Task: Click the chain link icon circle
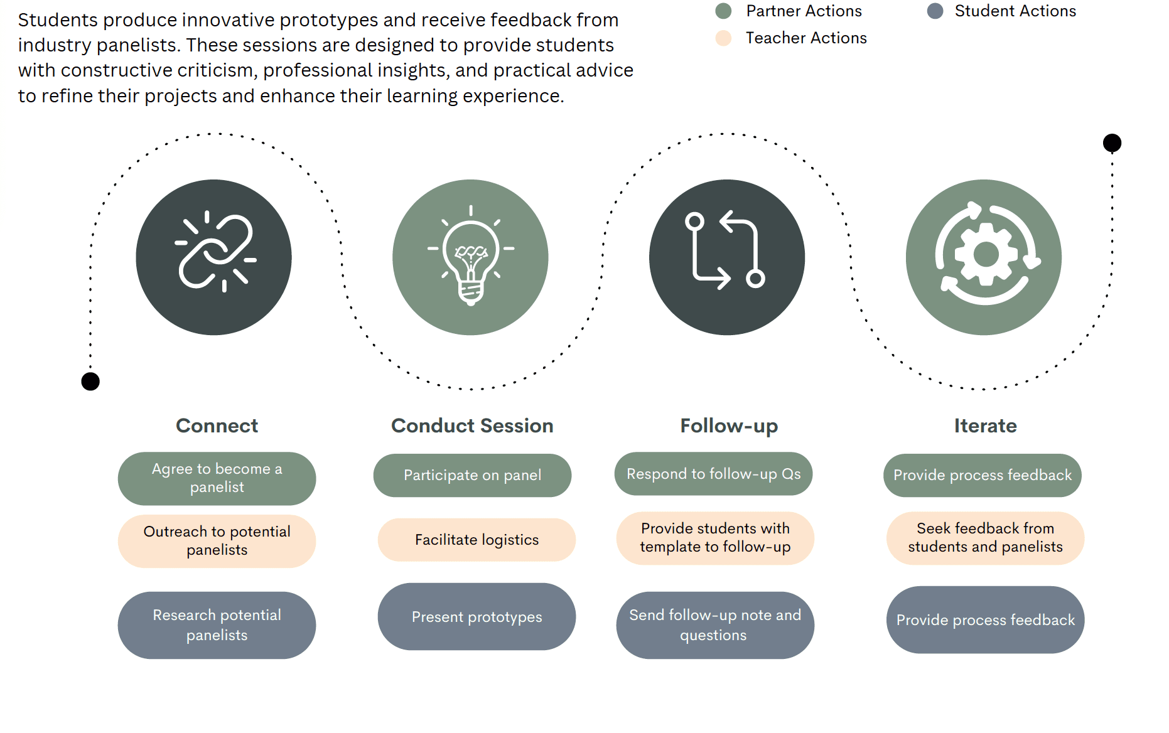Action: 213,257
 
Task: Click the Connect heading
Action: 217,425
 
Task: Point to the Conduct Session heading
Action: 472,425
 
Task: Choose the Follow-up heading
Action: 729,425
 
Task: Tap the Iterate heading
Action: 985,425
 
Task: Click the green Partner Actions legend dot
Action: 723,11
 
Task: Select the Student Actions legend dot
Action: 935,11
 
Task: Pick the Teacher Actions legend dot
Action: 723,38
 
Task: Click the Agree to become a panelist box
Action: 217,478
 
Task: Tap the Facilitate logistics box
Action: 477,540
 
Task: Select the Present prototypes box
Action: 477,617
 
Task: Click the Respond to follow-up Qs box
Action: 713,474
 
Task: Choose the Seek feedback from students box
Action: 985,538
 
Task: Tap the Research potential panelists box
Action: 217,625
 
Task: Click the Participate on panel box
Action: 472,475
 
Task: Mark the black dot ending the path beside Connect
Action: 90,381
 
